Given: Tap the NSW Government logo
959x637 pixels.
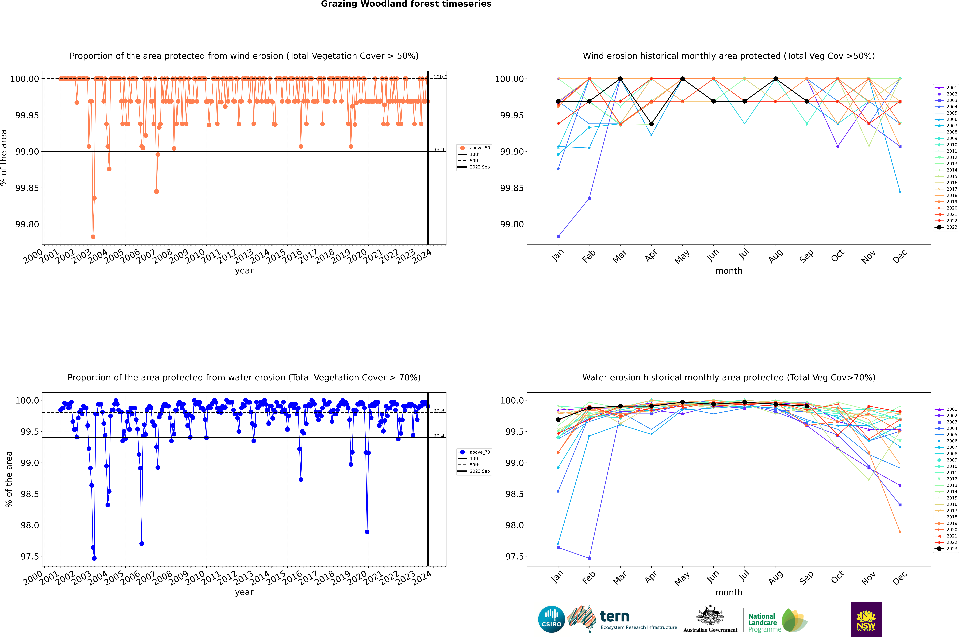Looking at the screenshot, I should point(866,619).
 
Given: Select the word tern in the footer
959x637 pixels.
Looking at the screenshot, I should point(615,617).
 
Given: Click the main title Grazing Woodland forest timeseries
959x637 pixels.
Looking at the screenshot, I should point(406,4).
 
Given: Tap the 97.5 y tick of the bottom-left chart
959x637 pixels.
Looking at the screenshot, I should point(30,557).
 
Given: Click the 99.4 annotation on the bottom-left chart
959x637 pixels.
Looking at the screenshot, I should point(439,436).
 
